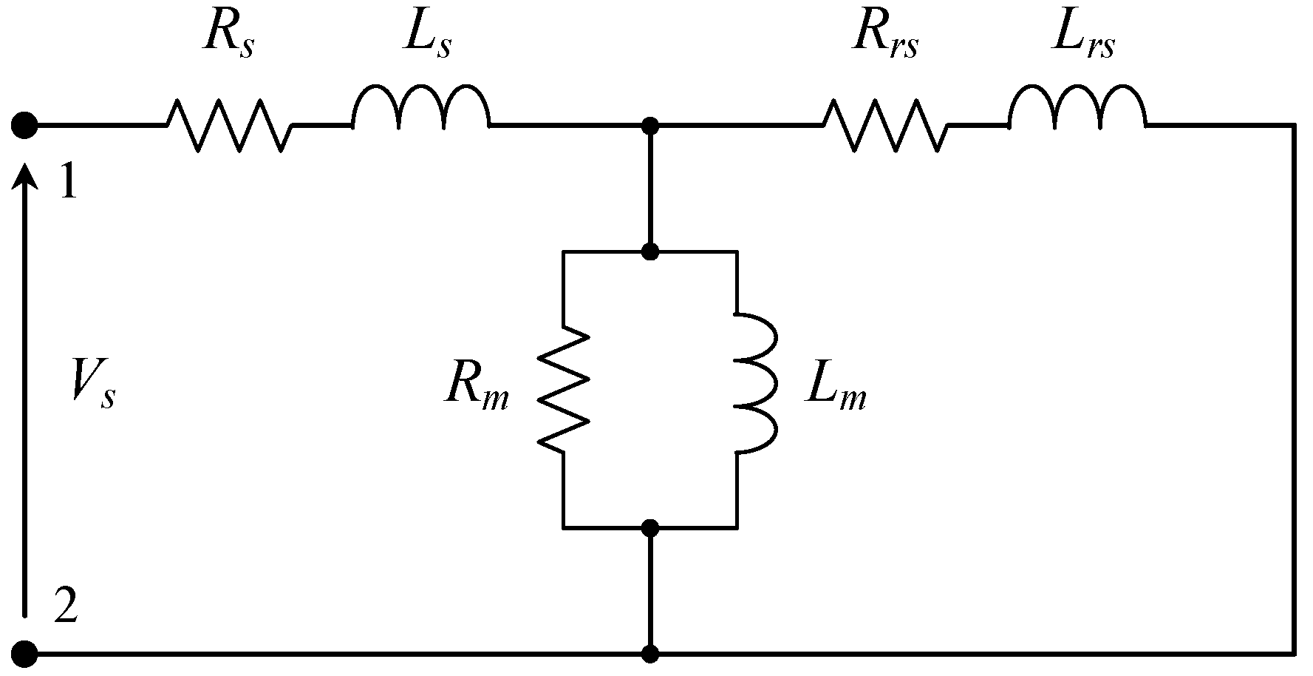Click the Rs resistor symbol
pos(229,126)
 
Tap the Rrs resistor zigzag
pos(885,126)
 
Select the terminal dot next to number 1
pos(24,126)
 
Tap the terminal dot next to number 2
pos(24,654)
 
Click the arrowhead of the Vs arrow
pos(25,178)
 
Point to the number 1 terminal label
pos(68,182)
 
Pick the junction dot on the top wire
pos(650,126)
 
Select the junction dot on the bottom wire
pos(650,654)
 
